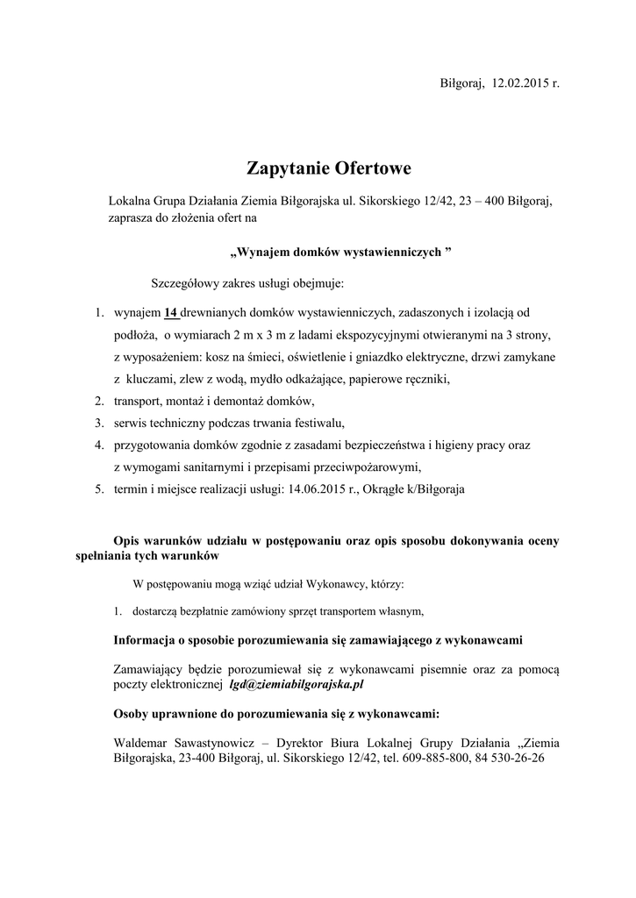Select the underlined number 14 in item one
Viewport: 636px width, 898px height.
point(171,312)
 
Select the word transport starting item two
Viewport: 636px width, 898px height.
point(139,401)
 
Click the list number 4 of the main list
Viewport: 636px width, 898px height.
point(100,445)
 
